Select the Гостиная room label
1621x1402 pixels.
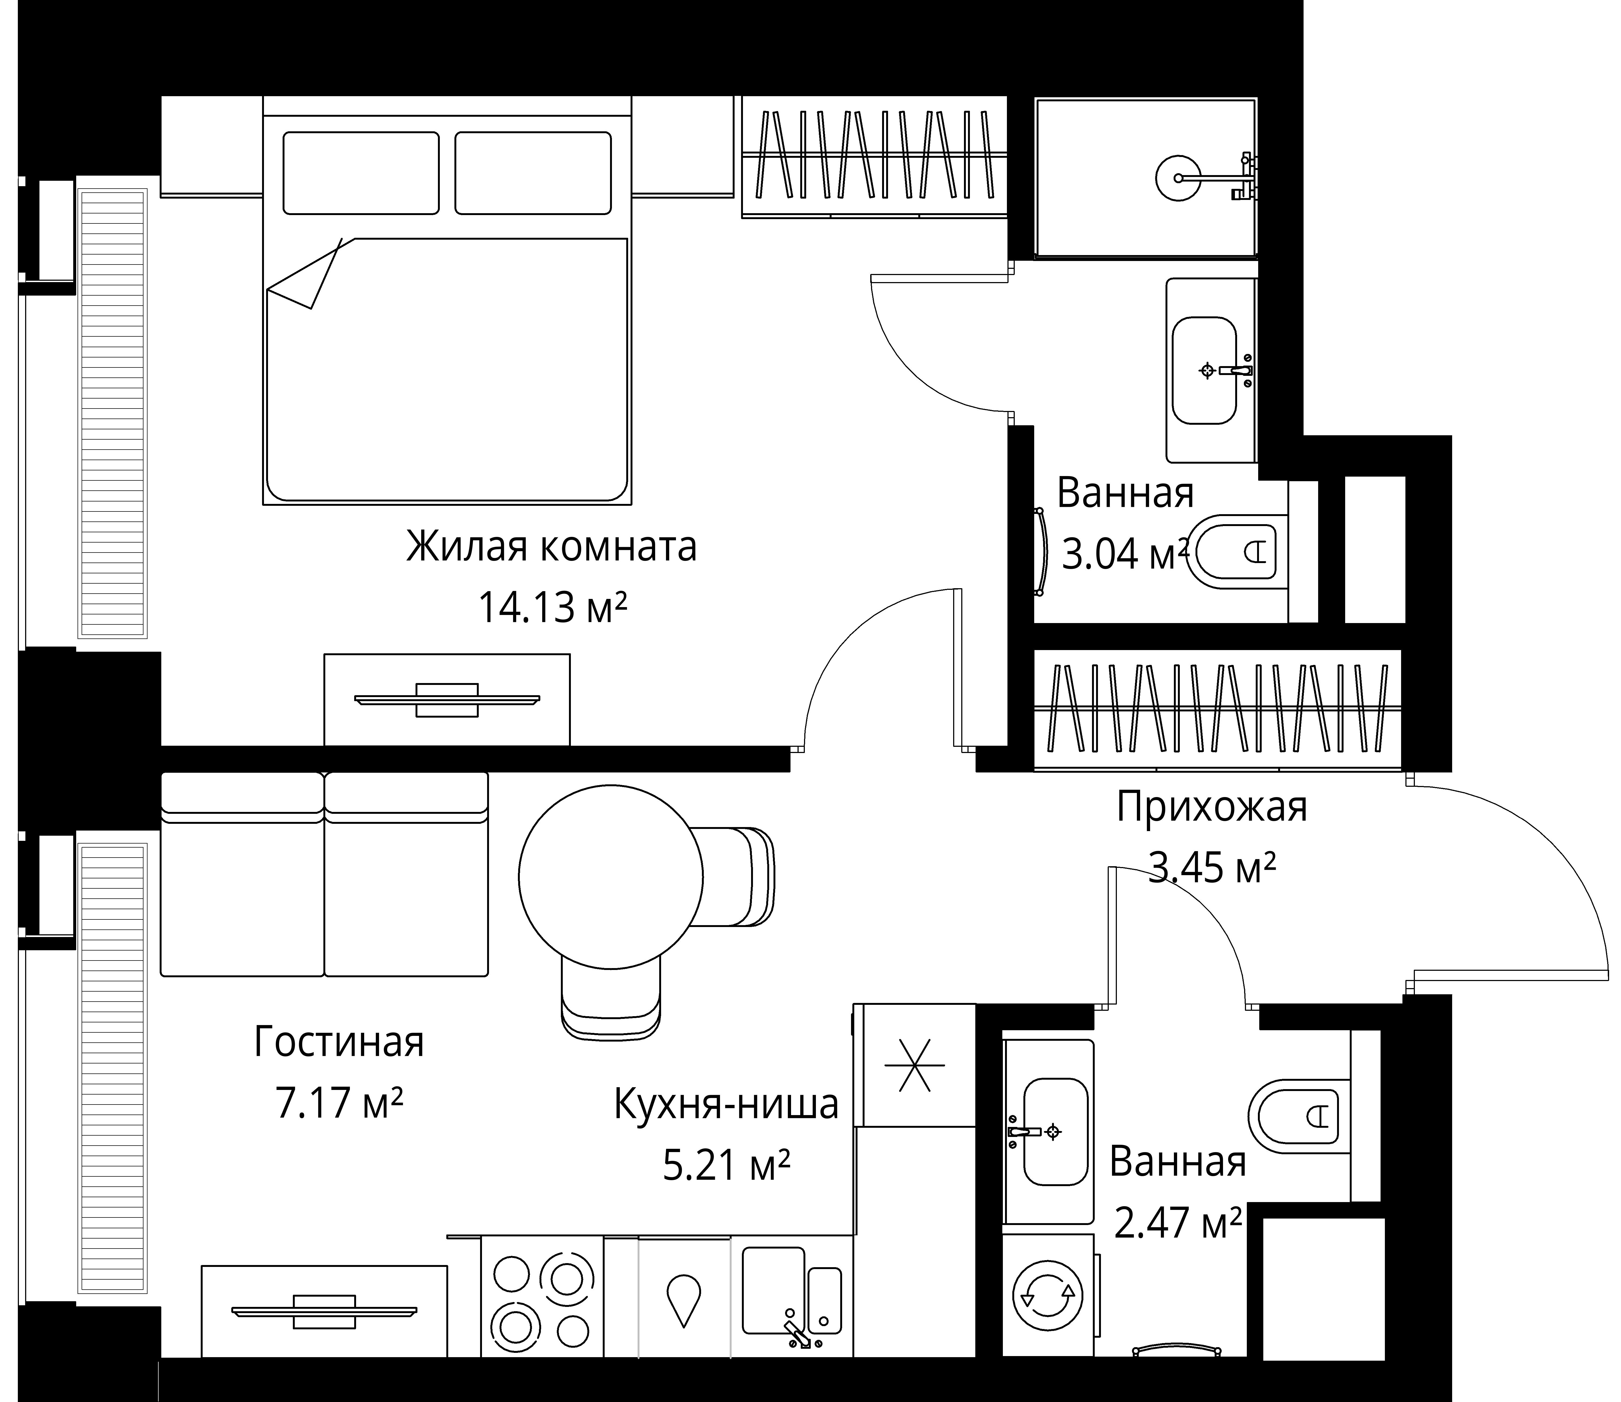pos(339,1042)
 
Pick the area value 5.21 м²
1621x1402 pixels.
pos(726,1165)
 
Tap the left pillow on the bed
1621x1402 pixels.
pos(361,173)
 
